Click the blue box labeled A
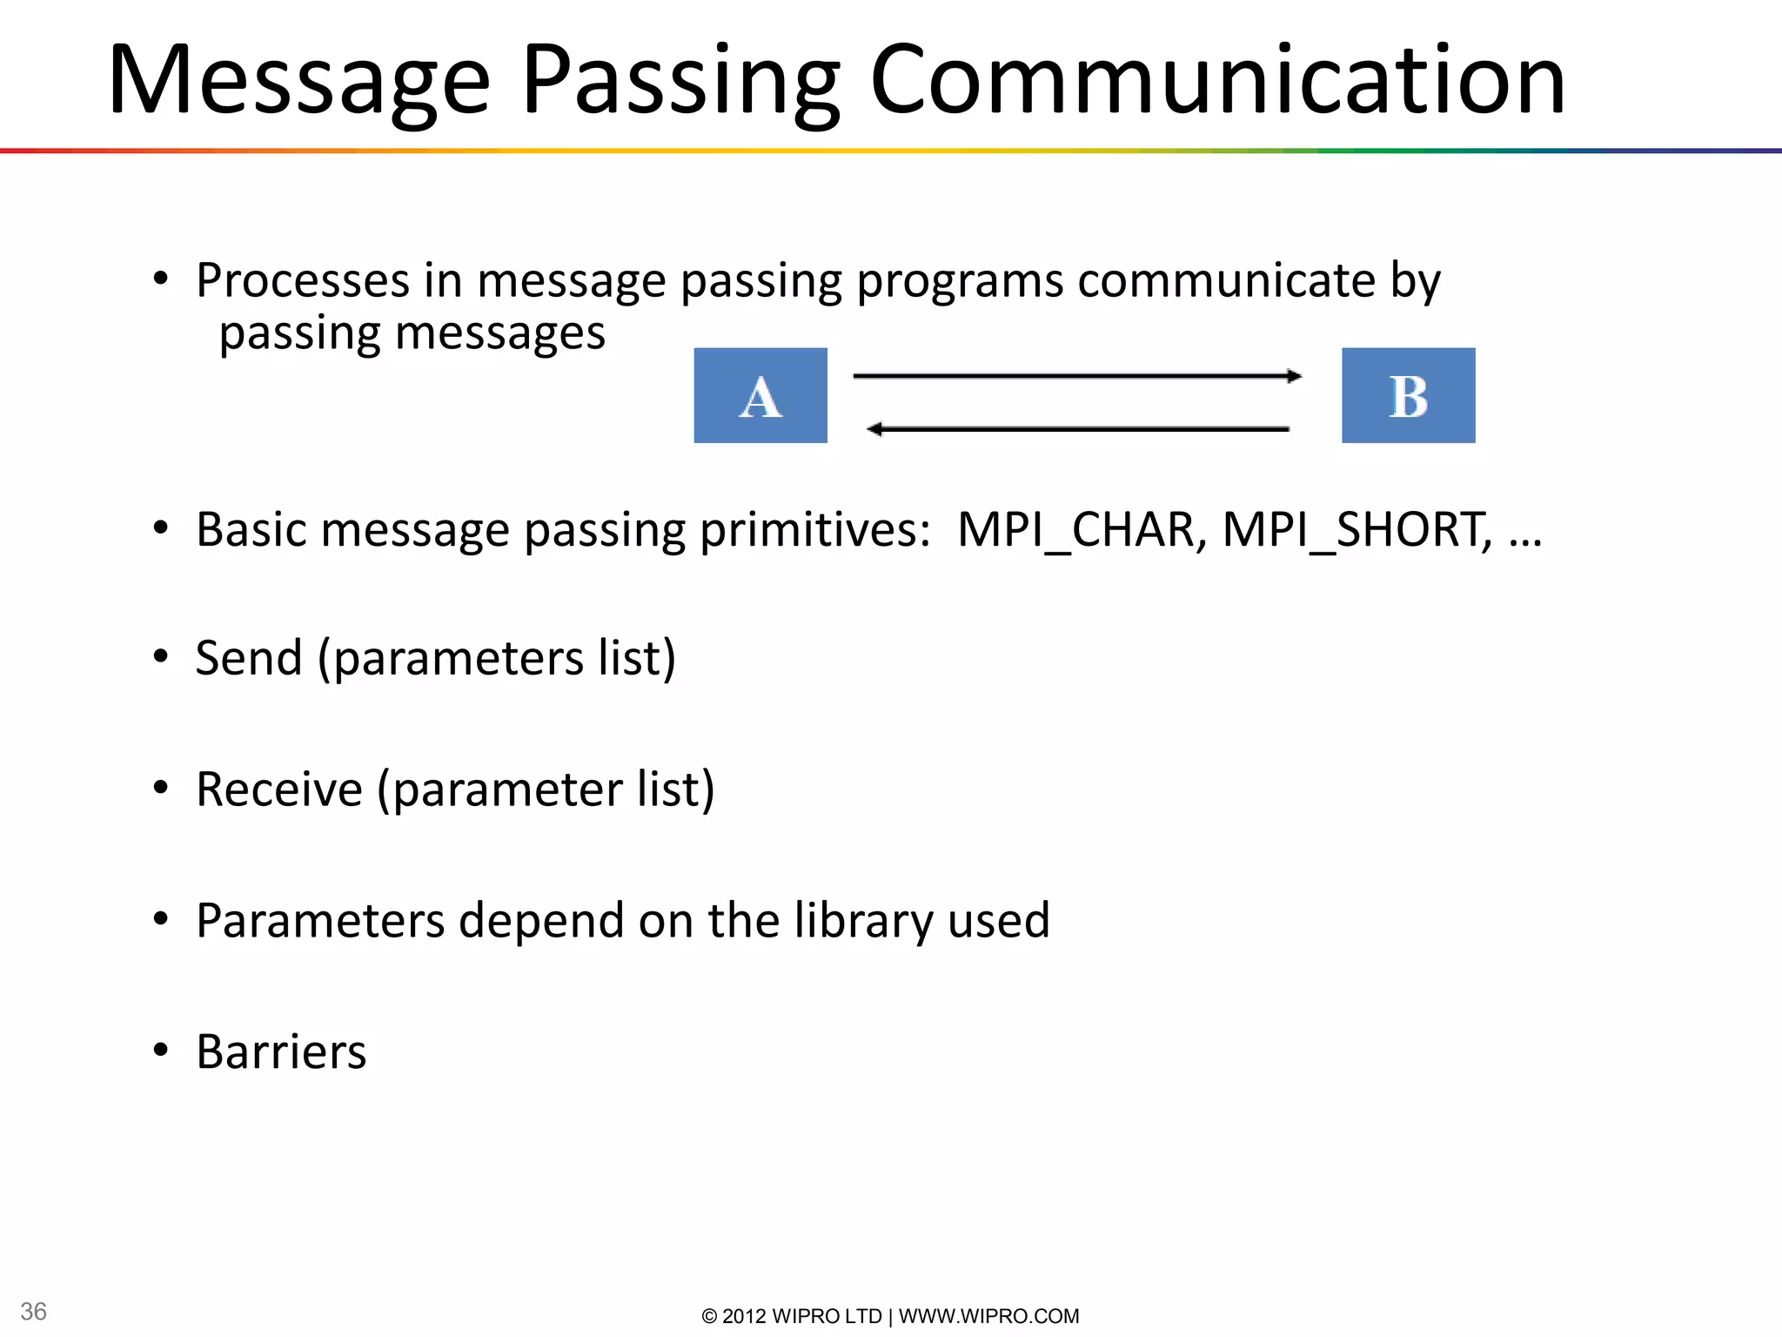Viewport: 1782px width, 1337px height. (x=760, y=395)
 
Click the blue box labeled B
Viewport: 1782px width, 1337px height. (x=1408, y=395)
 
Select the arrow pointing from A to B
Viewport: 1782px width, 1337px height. (x=1076, y=376)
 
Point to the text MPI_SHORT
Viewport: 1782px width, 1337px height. (x=1357, y=529)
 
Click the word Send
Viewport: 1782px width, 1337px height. (x=249, y=658)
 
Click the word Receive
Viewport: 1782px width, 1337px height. (x=279, y=789)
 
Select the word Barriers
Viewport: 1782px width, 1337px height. (x=281, y=1051)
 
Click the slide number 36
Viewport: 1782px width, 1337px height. (x=33, y=1311)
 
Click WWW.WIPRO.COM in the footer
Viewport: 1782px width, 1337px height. (x=988, y=1316)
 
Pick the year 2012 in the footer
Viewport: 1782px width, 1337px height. (x=744, y=1316)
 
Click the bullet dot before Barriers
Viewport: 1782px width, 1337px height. (x=160, y=1050)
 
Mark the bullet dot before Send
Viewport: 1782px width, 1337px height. (x=160, y=656)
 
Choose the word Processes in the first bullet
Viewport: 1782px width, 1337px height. (x=303, y=280)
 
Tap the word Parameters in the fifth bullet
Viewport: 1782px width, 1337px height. (x=320, y=920)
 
